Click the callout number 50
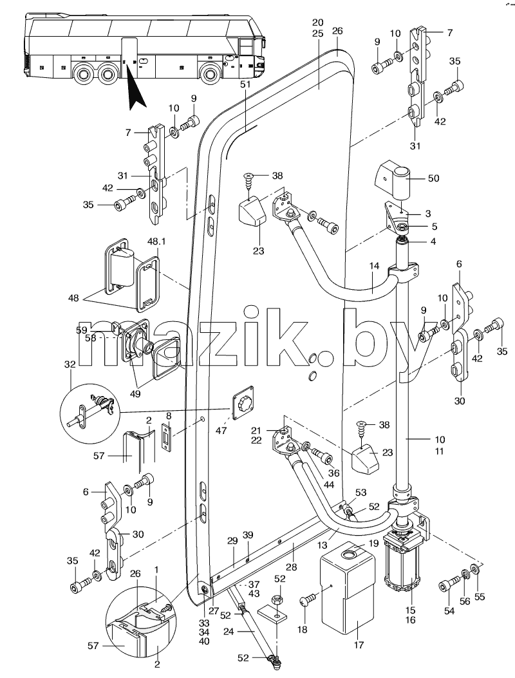(x=433, y=178)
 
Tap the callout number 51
(x=245, y=85)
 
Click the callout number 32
(x=70, y=364)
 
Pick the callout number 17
(x=359, y=645)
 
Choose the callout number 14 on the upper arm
(x=374, y=266)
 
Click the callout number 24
(x=229, y=632)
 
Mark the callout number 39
(x=247, y=534)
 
